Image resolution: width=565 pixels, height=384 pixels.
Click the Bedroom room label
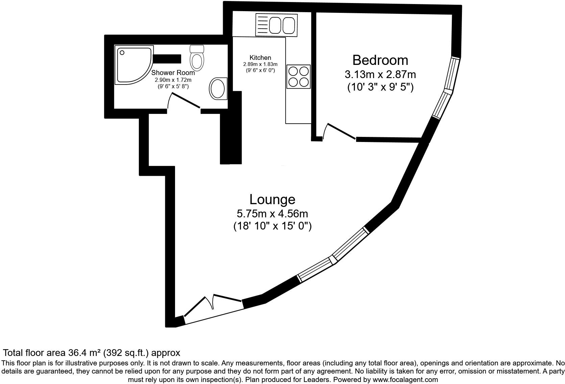[380, 60]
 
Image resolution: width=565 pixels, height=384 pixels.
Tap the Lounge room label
[272, 199]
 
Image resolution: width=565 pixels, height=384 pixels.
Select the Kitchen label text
[260, 58]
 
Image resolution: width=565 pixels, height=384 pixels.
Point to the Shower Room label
[173, 73]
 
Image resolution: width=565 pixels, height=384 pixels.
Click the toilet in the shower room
[197, 58]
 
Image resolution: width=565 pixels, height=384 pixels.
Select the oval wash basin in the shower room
[218, 89]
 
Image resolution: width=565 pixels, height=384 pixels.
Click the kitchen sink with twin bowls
[276, 24]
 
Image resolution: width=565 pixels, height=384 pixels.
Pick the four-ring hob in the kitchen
[298, 76]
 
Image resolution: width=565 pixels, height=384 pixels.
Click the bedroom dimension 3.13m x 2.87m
[380, 74]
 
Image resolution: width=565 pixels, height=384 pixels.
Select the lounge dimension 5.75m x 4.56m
[272, 214]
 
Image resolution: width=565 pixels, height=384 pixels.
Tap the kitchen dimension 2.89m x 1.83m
[260, 64]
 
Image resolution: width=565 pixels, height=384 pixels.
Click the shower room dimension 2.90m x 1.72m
[173, 80]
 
